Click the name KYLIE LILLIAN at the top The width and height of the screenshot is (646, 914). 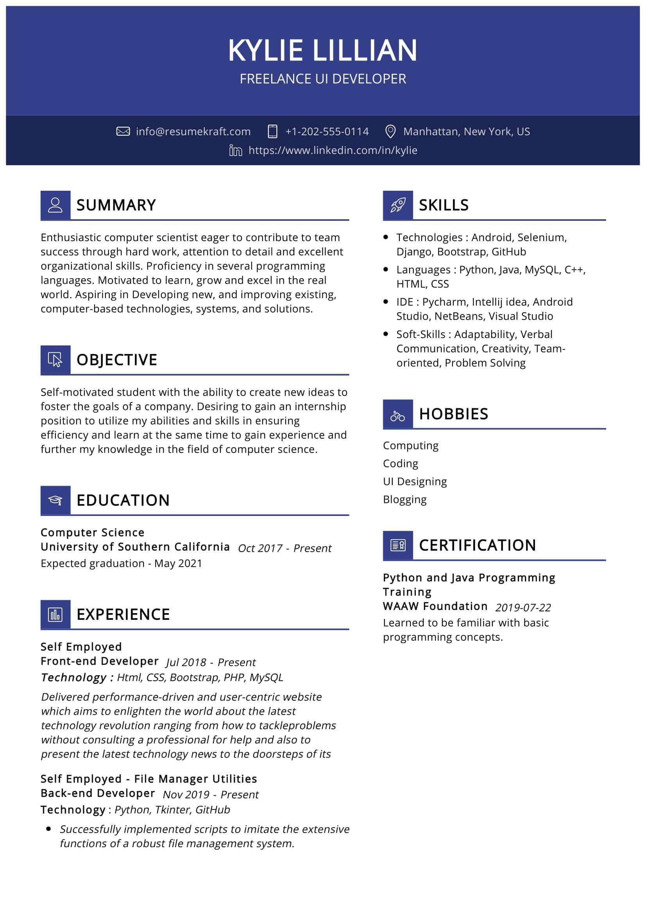tap(322, 50)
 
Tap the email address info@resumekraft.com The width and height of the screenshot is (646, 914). tap(193, 131)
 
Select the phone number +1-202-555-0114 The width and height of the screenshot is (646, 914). tap(327, 131)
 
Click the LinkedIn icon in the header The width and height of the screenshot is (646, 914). tap(236, 150)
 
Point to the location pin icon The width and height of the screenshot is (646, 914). tap(390, 131)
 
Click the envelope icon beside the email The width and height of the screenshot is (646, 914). tap(123, 131)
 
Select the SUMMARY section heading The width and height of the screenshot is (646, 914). tap(116, 205)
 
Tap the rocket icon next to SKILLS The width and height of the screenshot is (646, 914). tap(397, 206)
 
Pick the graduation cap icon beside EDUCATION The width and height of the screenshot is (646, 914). tap(55, 501)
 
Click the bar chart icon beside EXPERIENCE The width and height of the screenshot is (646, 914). tap(55, 615)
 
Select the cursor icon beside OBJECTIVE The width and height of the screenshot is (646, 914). tap(55, 360)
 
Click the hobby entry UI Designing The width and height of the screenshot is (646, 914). tap(415, 481)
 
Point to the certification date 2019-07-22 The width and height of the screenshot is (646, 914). tap(523, 608)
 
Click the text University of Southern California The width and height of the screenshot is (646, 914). tap(135, 547)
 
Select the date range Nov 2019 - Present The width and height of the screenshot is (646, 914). tap(211, 794)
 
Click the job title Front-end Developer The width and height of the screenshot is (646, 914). tap(100, 661)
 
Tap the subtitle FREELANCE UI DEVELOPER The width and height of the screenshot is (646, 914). tap(323, 79)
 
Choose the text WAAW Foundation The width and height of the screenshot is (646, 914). tap(435, 606)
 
